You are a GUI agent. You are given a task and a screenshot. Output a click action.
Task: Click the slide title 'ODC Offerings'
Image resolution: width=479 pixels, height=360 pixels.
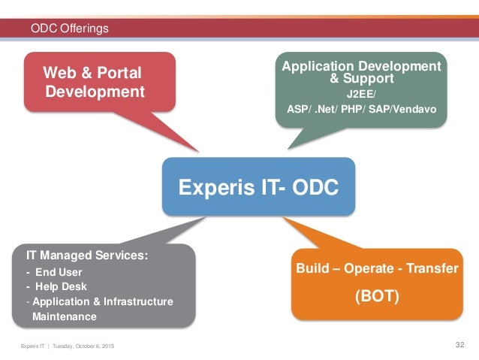(x=69, y=29)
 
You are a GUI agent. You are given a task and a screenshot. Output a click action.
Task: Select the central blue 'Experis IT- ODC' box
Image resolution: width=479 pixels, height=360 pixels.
(x=258, y=186)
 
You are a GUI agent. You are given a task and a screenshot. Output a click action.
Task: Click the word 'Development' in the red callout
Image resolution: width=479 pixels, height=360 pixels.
(x=95, y=92)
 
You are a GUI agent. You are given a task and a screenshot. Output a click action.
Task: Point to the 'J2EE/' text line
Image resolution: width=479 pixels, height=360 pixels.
(x=361, y=95)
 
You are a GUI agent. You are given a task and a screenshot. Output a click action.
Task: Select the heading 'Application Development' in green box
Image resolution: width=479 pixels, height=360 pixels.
(x=361, y=66)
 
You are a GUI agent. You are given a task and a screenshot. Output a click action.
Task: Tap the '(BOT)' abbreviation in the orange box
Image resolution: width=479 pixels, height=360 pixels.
(x=377, y=296)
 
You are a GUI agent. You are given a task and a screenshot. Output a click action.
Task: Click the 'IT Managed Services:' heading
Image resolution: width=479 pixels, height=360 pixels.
(x=83, y=256)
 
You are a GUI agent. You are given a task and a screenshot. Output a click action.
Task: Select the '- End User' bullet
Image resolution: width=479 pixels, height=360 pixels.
(x=54, y=272)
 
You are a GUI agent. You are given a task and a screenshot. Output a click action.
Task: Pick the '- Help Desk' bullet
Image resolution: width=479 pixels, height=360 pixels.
(x=56, y=286)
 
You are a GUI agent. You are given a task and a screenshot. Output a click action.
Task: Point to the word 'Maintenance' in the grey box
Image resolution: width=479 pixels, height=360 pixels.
(x=64, y=316)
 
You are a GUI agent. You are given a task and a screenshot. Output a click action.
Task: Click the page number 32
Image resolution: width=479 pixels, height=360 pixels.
(x=460, y=344)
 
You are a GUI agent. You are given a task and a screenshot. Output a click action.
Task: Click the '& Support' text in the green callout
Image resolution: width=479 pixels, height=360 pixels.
(x=361, y=78)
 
